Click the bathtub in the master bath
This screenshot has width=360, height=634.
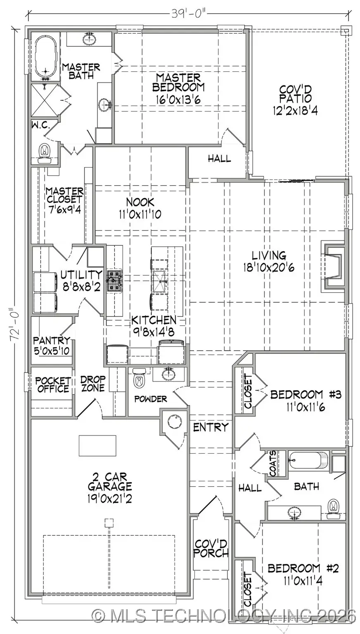[x=45, y=58]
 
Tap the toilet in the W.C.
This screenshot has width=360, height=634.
[x=44, y=151]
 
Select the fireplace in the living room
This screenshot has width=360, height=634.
[x=334, y=266]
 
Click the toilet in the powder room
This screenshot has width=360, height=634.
[x=139, y=377]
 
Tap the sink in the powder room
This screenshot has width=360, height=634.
[x=168, y=374]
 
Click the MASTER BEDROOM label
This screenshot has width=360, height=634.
[x=178, y=82]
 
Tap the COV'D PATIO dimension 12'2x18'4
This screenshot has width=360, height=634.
[x=295, y=110]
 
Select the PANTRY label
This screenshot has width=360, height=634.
[x=52, y=341]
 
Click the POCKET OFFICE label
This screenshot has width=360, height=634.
[x=52, y=384]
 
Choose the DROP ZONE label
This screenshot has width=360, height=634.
[x=93, y=383]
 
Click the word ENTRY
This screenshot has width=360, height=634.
[x=211, y=427]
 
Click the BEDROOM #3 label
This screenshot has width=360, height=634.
[x=306, y=395]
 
